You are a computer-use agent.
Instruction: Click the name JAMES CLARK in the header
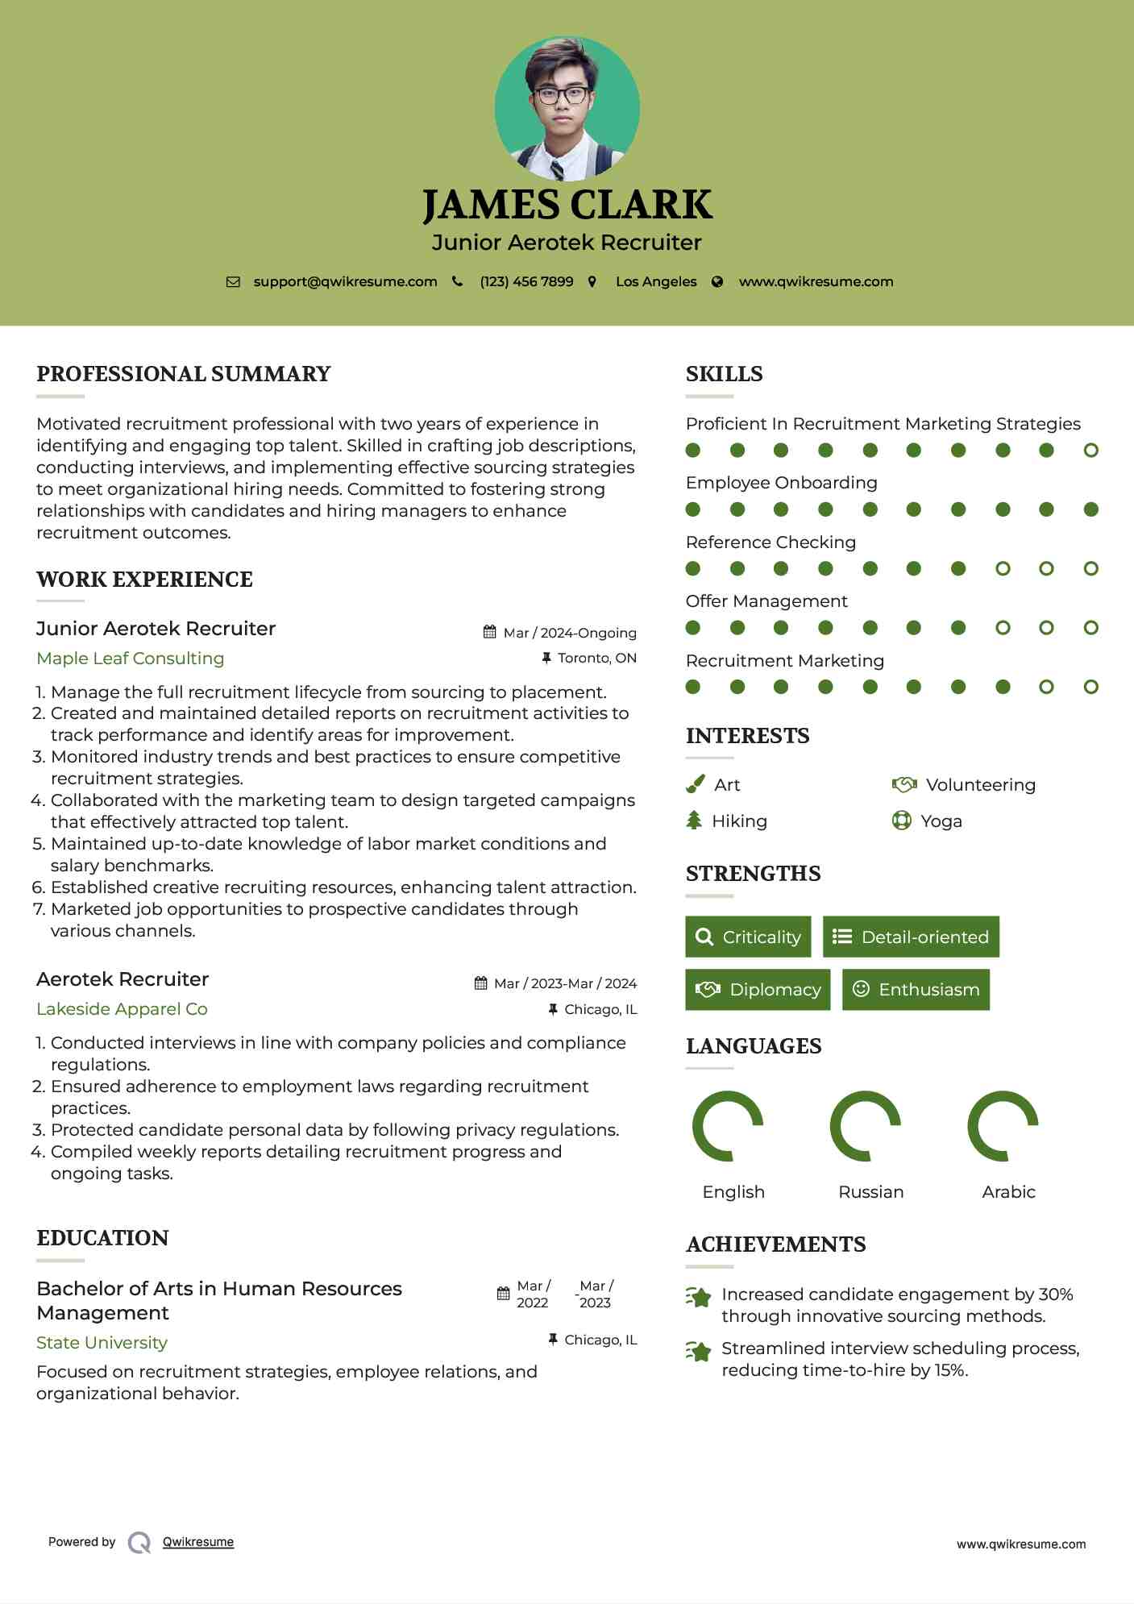[567, 205]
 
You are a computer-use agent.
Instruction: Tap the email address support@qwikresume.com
[345, 282]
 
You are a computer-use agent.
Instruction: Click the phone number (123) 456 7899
[526, 282]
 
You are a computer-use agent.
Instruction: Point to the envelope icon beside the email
[233, 282]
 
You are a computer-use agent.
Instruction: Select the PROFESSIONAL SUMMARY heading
[184, 374]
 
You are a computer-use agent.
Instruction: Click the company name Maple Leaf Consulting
[131, 659]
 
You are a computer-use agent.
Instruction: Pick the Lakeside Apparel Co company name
[122, 1009]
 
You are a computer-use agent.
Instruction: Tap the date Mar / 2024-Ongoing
[569, 634]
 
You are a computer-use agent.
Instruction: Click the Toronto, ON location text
[596, 659]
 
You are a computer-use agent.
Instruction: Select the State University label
[102, 1343]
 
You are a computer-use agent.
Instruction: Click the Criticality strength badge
[748, 937]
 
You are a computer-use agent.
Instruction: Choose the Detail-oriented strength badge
[911, 937]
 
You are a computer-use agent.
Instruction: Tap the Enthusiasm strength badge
[916, 990]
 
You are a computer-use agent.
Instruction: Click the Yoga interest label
[941, 821]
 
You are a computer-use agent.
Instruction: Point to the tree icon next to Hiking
[694, 821]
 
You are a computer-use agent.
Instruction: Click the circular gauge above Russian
[866, 1126]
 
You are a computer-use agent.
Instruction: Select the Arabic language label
[1008, 1192]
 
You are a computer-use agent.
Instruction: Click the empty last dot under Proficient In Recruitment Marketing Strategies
[1091, 451]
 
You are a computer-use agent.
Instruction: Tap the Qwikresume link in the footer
[198, 1542]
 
